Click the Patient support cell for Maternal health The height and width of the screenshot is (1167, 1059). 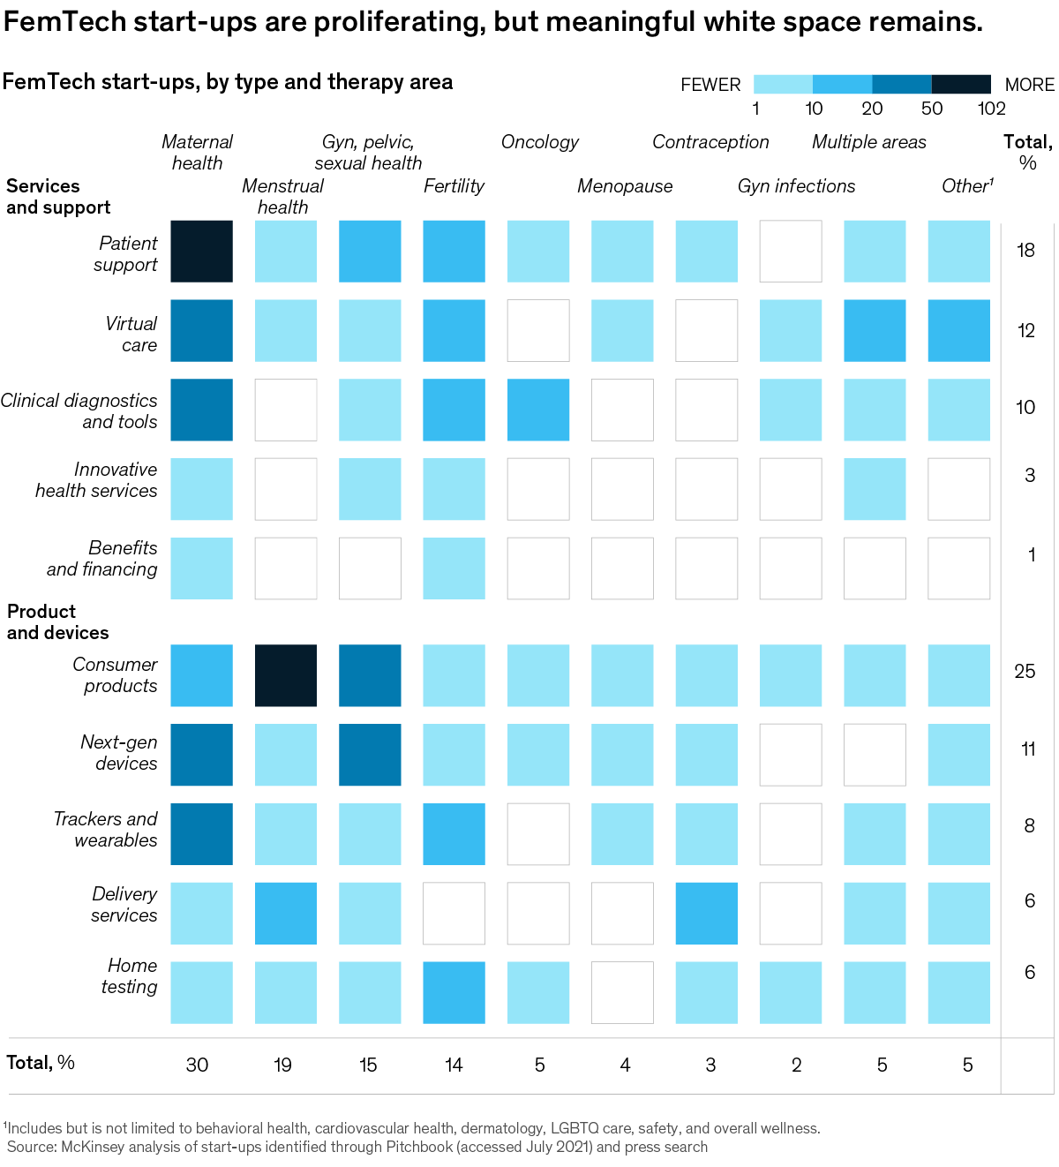pos(201,252)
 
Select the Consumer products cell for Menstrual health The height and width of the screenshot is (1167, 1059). pos(286,675)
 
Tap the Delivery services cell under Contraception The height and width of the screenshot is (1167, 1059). pos(706,913)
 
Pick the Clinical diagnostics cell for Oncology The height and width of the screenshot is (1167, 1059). pos(538,410)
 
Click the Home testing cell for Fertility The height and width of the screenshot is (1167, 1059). pos(454,992)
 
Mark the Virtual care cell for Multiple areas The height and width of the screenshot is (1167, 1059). pos(875,330)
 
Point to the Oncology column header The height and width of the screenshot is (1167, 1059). pos(539,142)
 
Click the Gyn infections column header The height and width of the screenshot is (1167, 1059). pos(796,186)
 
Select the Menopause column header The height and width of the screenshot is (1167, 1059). pos(625,186)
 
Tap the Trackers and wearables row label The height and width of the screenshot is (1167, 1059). pos(105,830)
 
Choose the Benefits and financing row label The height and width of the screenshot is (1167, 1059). pos(102,559)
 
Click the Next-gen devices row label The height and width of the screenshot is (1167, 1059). pos(119,753)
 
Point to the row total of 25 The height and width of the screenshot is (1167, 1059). pos(1025,672)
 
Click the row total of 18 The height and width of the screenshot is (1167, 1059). pos(1025,251)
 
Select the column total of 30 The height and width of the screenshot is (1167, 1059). pos(197,1065)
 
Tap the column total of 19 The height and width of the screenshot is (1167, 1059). pos(282,1065)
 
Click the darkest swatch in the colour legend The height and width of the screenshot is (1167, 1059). pos(961,85)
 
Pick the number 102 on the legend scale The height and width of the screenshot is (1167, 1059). pos(992,109)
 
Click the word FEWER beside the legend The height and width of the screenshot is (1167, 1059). pos(710,86)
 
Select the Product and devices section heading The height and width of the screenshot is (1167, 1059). pos(58,622)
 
